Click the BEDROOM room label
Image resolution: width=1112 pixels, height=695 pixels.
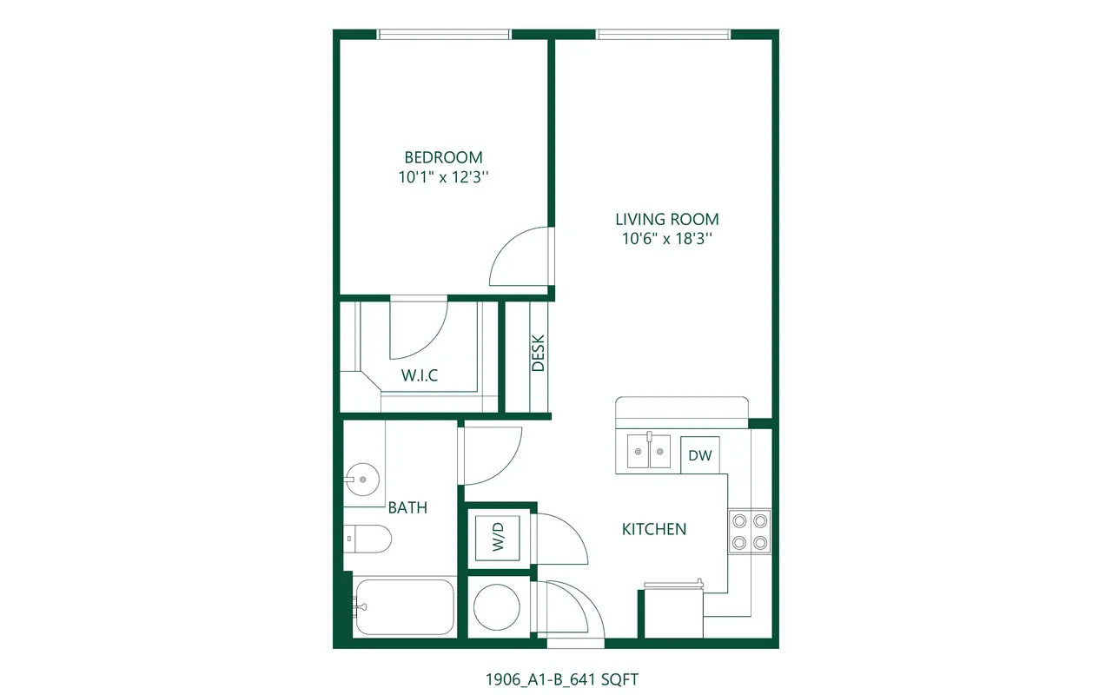pos(443,157)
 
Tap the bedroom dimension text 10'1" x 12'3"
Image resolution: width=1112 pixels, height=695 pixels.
pos(443,176)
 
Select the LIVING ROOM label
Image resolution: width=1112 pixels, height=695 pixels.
pos(666,219)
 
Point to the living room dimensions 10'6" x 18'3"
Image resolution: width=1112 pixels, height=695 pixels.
pos(666,238)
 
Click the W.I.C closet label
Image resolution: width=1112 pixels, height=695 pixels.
pos(420,375)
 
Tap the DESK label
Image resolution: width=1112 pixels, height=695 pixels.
pos(538,353)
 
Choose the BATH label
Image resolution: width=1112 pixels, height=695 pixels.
pos(407,507)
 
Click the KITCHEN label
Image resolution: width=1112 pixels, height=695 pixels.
pos(654,529)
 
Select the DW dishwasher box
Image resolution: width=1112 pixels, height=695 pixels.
pos(700,455)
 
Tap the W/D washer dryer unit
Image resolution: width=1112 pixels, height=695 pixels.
pos(498,538)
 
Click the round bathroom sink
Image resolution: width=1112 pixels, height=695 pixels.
pos(363,480)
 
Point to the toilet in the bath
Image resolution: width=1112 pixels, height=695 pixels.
pos(367,539)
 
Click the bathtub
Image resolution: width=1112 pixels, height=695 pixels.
pos(405,607)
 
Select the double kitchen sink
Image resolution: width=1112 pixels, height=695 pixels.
pos(649,451)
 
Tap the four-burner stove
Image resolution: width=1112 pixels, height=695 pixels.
pos(750,532)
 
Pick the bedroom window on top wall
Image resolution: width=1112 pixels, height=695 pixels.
pos(444,34)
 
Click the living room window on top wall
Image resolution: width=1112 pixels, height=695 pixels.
pos(663,34)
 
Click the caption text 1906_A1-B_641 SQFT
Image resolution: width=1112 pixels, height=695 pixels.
pos(562,679)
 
